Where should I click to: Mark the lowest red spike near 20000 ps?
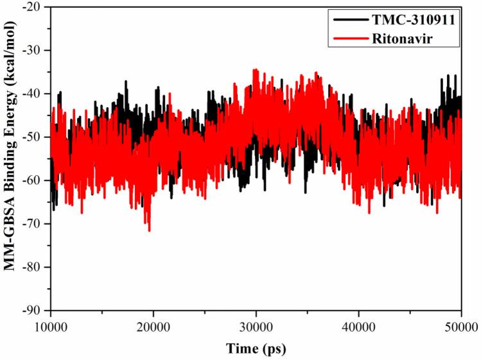coord(149,230)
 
